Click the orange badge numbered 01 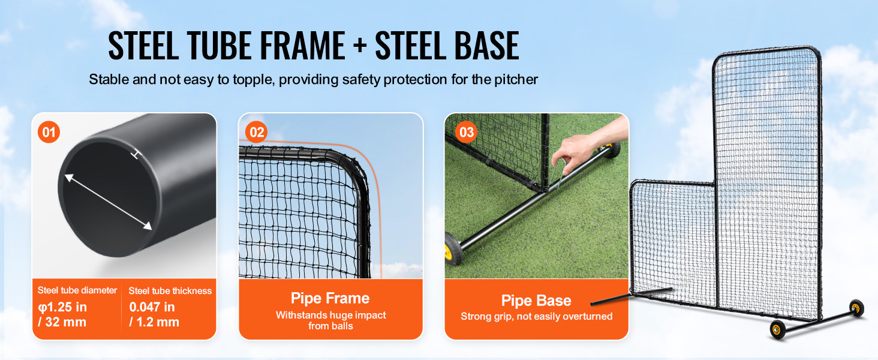[49, 132]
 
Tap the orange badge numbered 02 [256, 132]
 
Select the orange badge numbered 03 [466, 132]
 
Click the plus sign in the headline [360, 46]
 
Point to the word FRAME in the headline [303, 46]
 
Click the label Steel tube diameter [77, 290]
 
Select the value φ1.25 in [62, 307]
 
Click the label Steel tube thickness [170, 291]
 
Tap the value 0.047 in [152, 307]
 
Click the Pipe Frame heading [330, 298]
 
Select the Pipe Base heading [536, 301]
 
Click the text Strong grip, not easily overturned [537, 316]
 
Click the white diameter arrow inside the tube [108, 202]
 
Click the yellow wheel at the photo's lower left [453, 248]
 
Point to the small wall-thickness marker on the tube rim [136, 155]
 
